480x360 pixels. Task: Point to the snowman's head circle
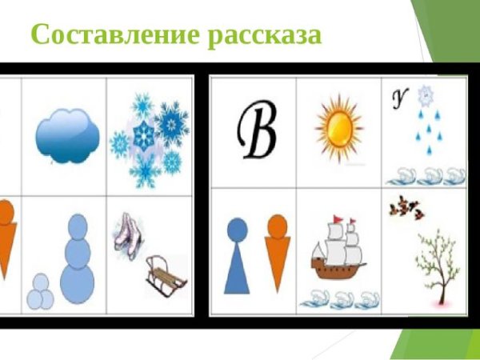point(78,227)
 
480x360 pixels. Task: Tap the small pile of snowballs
point(39,294)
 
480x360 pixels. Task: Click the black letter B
point(256,131)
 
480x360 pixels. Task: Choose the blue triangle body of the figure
point(238,269)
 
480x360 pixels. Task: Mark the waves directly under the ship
point(339,299)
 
